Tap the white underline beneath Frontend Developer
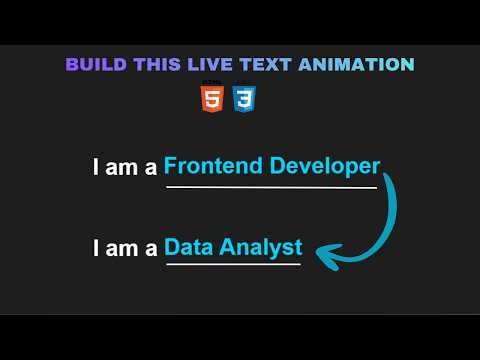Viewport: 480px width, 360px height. point(271,187)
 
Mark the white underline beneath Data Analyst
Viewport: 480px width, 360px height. point(233,265)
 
